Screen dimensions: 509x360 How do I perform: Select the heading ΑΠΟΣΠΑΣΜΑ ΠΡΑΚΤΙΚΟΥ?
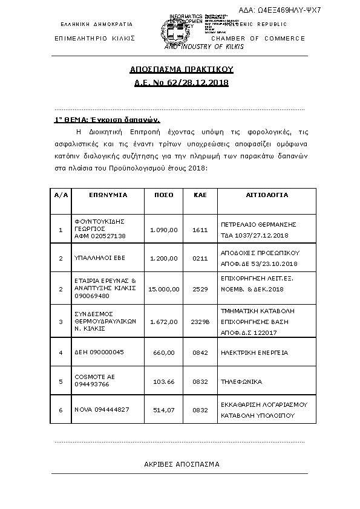(x=181, y=70)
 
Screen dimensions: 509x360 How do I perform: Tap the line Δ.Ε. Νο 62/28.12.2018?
(x=181, y=82)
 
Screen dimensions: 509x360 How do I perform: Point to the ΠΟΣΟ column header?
(x=164, y=195)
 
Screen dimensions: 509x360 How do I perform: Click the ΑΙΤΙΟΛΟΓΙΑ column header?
(x=266, y=195)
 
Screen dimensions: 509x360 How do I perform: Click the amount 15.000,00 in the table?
(x=164, y=289)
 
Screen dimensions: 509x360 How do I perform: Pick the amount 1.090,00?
(x=164, y=230)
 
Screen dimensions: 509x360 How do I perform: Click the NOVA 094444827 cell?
(x=102, y=410)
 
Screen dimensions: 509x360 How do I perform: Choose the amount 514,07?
(x=164, y=410)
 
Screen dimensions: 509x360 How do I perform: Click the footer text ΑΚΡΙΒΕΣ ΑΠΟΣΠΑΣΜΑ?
(x=181, y=464)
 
